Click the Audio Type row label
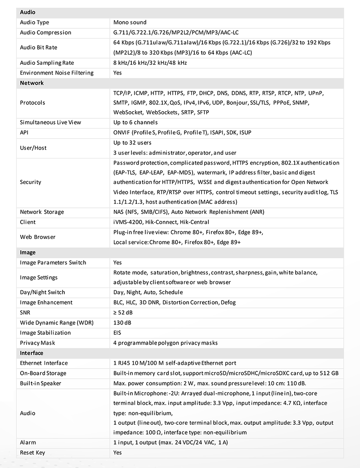[x=35, y=22]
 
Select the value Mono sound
[x=130, y=22]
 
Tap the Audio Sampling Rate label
[x=47, y=63]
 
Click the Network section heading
[x=32, y=83]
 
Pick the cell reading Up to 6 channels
[x=135, y=122]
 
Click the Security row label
[x=31, y=182]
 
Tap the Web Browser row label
[x=37, y=237]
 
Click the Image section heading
[x=28, y=253]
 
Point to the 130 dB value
[x=122, y=323]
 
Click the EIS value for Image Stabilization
[x=117, y=333]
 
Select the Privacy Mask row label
[x=37, y=343]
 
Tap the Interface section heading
[x=31, y=353]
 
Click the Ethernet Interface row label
[x=44, y=363]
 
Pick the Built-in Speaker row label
[x=40, y=383]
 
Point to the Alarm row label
[x=28, y=443]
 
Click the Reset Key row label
[x=32, y=453]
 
